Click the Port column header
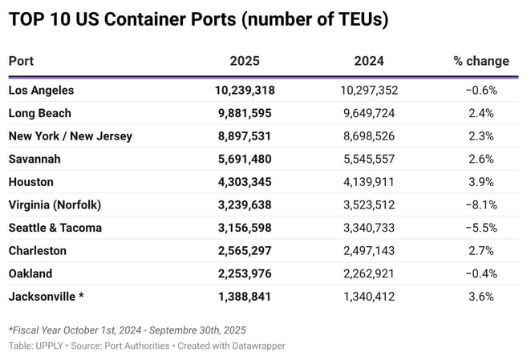click(21, 61)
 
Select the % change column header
click(481, 61)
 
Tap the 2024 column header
click(369, 61)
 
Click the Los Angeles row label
click(41, 91)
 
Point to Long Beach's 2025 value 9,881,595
click(244, 113)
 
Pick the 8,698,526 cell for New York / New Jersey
click(369, 136)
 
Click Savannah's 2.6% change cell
click(481, 159)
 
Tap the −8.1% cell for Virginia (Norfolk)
click(481, 204)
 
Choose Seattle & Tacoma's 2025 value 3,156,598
click(244, 228)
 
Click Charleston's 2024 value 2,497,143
click(369, 251)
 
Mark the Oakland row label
click(30, 273)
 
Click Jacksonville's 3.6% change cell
click(481, 297)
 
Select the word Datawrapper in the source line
click(259, 346)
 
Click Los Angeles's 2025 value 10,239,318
click(244, 91)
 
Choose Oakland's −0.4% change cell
click(481, 273)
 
